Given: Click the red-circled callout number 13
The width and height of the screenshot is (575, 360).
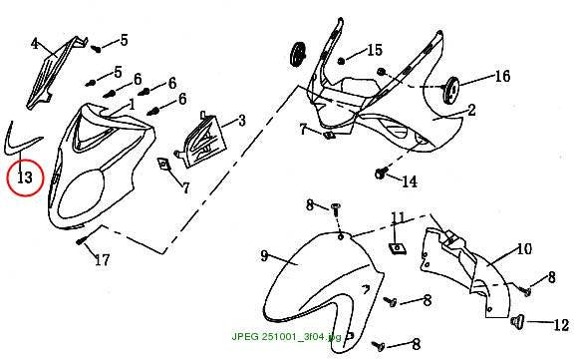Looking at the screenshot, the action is click(25, 178).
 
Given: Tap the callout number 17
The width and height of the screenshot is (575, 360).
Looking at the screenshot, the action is click(103, 260).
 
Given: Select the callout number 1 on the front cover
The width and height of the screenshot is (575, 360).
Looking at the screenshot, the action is click(132, 105).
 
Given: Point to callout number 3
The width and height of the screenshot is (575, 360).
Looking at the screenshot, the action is click(35, 44).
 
